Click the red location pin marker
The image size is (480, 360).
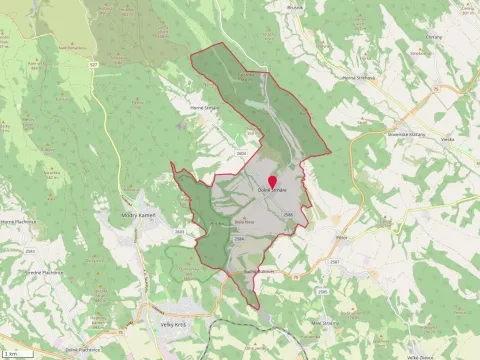272,181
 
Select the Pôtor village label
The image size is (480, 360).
340,238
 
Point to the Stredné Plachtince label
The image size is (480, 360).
47,271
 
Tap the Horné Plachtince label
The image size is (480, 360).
18,222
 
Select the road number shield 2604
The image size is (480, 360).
240,152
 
